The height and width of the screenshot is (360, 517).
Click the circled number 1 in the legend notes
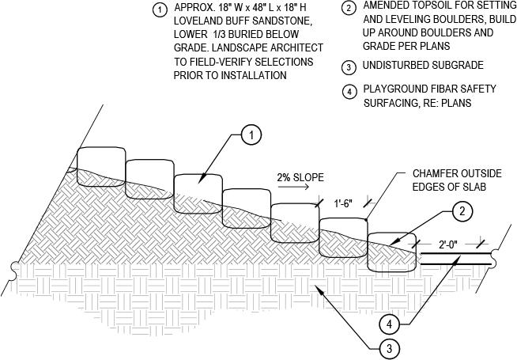click(160, 10)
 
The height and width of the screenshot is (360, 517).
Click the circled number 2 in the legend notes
click(350, 9)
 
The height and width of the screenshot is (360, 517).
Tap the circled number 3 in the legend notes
click(350, 65)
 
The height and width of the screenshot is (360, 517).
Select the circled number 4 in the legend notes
click(350, 90)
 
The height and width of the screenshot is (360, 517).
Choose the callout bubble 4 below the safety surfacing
click(388, 324)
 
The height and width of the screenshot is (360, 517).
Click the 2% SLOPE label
click(300, 177)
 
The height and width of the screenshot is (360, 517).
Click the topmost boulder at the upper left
click(100, 163)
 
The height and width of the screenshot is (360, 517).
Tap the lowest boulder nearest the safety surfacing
click(392, 252)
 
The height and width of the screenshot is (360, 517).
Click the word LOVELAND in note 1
click(200, 22)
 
